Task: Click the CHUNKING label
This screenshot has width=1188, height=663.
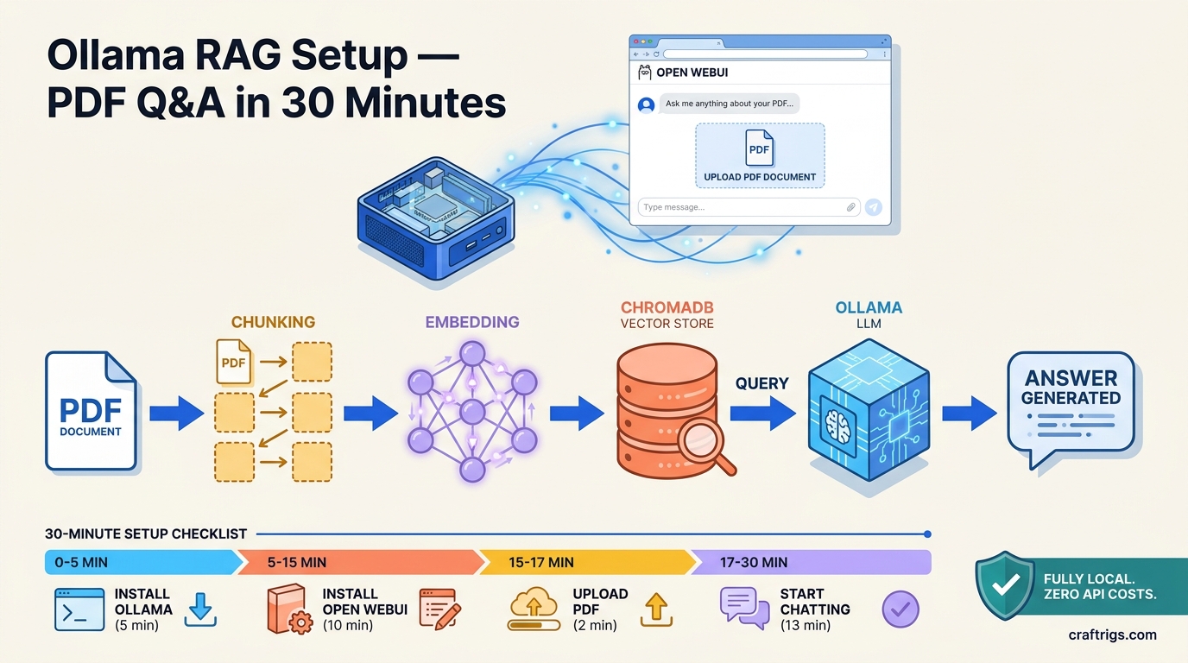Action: point(273,322)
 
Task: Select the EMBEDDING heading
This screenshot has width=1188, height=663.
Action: point(471,322)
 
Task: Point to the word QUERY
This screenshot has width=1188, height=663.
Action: point(761,383)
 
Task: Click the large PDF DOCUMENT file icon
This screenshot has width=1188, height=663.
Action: point(91,411)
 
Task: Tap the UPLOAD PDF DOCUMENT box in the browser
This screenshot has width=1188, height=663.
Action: point(759,155)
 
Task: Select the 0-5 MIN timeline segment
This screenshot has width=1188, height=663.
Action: point(138,562)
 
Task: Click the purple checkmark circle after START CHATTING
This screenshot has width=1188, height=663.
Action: point(900,609)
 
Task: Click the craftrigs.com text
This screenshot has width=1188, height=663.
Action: point(1112,635)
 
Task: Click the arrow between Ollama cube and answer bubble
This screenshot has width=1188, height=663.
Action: point(969,414)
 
